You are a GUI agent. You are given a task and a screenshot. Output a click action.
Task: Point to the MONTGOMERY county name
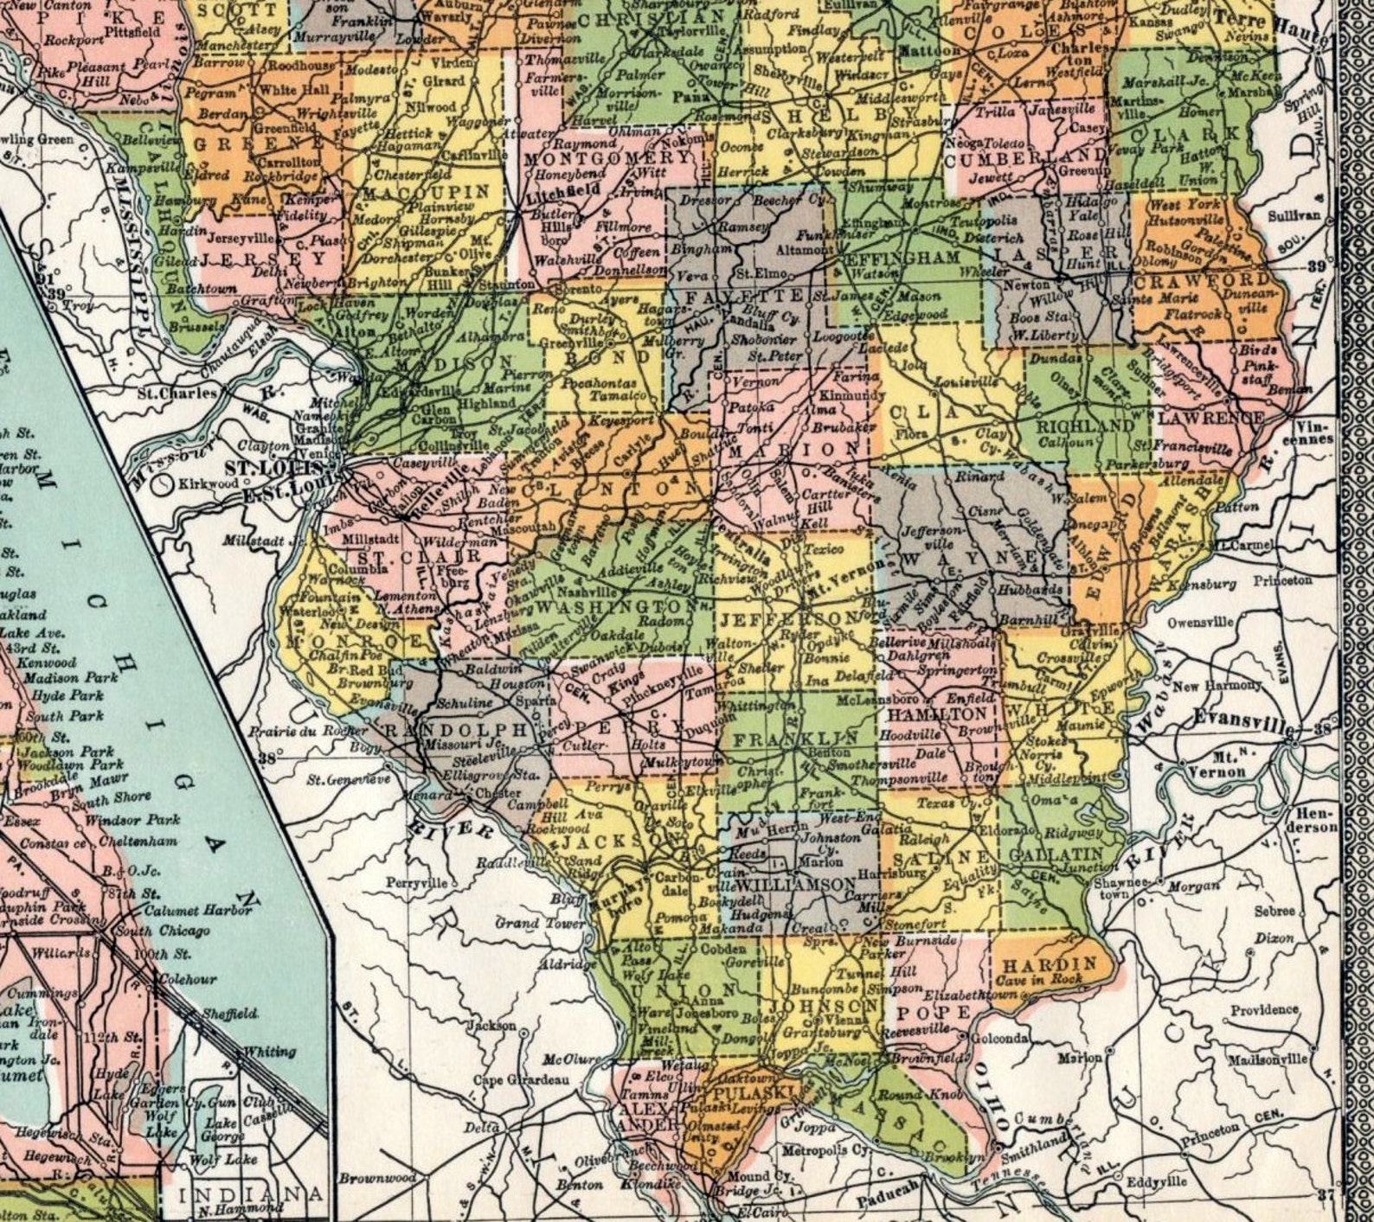pyautogui.click(x=607, y=159)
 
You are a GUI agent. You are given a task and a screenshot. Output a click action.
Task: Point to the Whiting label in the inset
pyautogui.click(x=270, y=1052)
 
